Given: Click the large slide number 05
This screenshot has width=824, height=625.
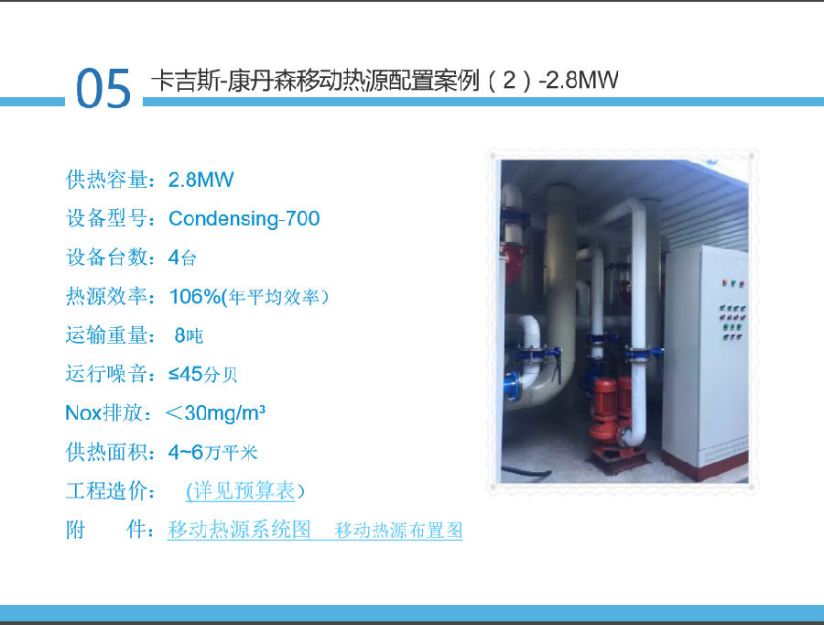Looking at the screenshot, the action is pyautogui.click(x=103, y=88).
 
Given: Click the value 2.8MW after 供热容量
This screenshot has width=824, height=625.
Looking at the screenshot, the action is pyautogui.click(x=201, y=180).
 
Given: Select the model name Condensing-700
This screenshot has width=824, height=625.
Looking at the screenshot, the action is pyautogui.click(x=244, y=218).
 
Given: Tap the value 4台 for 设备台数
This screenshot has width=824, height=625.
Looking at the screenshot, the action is pyautogui.click(x=182, y=258).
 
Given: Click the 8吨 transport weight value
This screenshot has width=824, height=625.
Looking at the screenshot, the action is pyautogui.click(x=189, y=335).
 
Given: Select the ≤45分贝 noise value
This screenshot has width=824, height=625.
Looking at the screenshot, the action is pyautogui.click(x=203, y=374).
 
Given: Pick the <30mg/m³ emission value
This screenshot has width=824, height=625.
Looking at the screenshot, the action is pyautogui.click(x=215, y=413).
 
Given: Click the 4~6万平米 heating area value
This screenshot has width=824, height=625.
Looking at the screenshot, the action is pyautogui.click(x=212, y=452).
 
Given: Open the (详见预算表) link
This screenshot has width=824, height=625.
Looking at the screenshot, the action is pyautogui.click(x=245, y=491).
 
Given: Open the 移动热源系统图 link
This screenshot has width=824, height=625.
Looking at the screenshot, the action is pyautogui.click(x=239, y=530).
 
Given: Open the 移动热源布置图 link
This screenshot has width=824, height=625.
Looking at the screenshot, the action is pyautogui.click(x=399, y=530).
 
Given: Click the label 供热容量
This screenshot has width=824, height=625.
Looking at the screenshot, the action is pyautogui.click(x=107, y=180).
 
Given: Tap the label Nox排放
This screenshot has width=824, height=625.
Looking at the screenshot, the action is pyautogui.click(x=104, y=413).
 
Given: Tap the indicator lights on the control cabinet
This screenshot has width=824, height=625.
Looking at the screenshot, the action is pyautogui.click(x=733, y=311).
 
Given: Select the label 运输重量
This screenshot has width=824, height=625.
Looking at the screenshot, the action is pyautogui.click(x=107, y=335).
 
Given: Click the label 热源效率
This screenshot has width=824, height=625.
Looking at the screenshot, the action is pyautogui.click(x=107, y=297).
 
